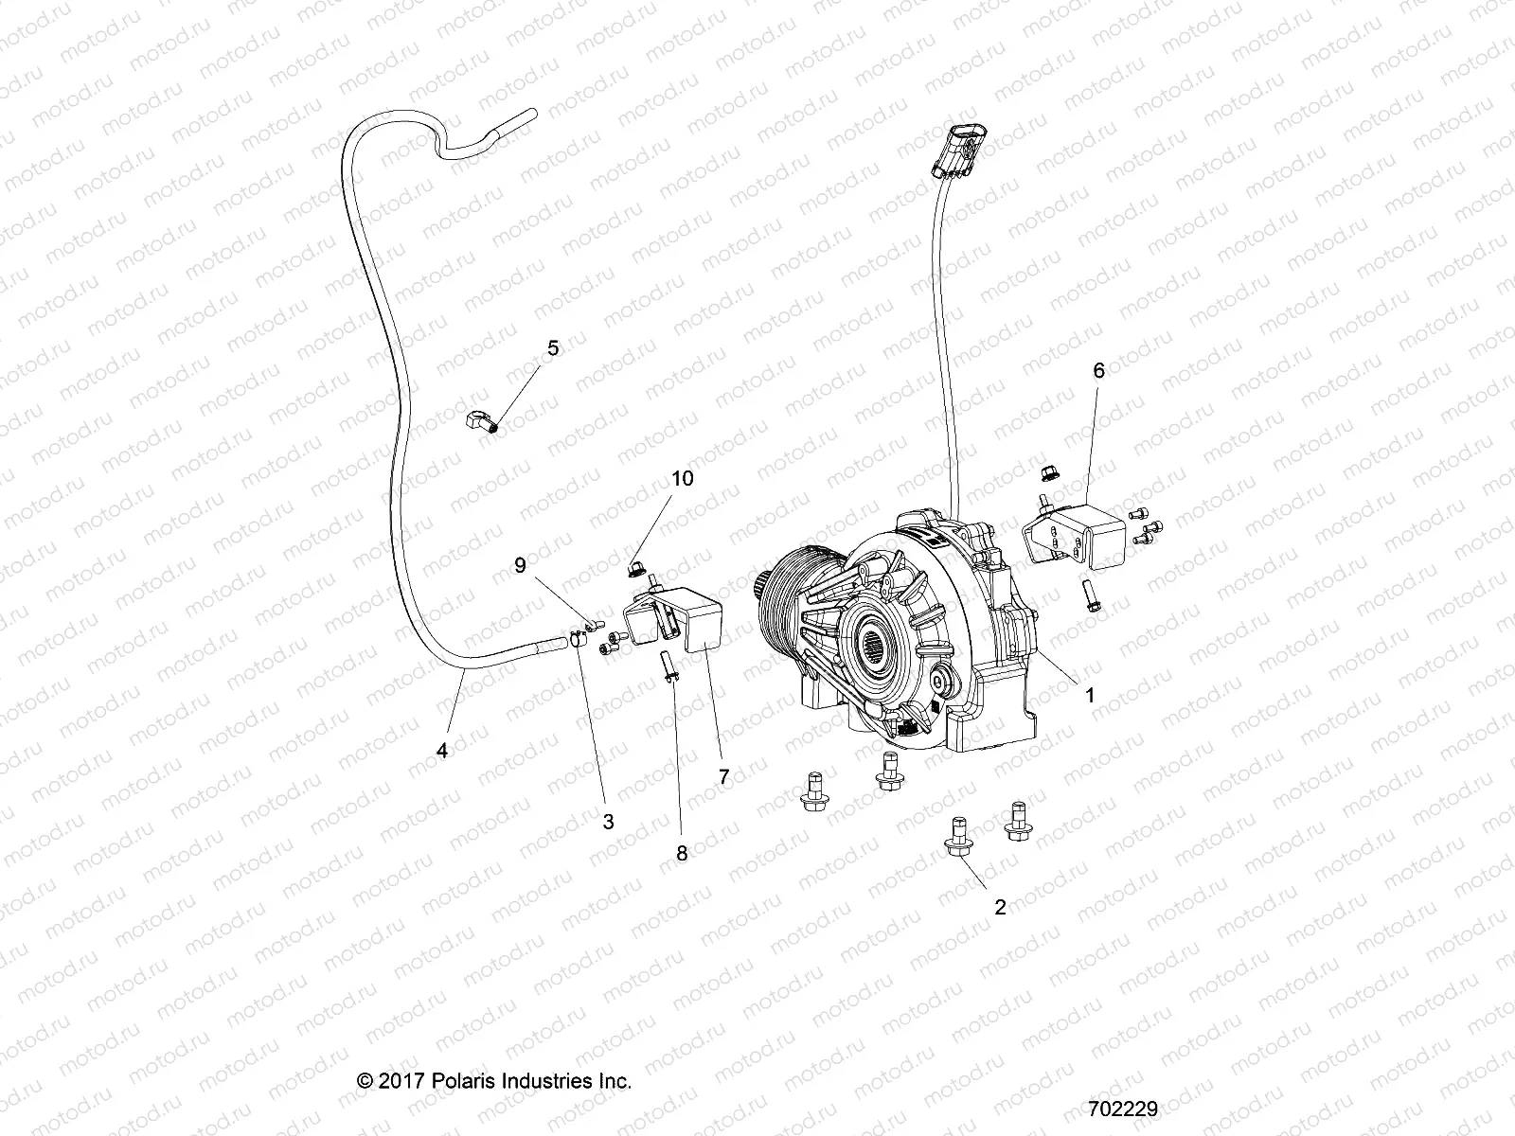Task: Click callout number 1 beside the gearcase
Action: [1090, 695]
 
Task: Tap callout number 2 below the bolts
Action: [1000, 907]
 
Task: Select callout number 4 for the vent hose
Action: [441, 751]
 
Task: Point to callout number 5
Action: [553, 348]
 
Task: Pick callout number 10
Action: [683, 478]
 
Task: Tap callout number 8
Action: [682, 852]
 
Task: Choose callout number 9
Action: [546, 565]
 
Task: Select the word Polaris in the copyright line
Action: [460, 1080]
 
